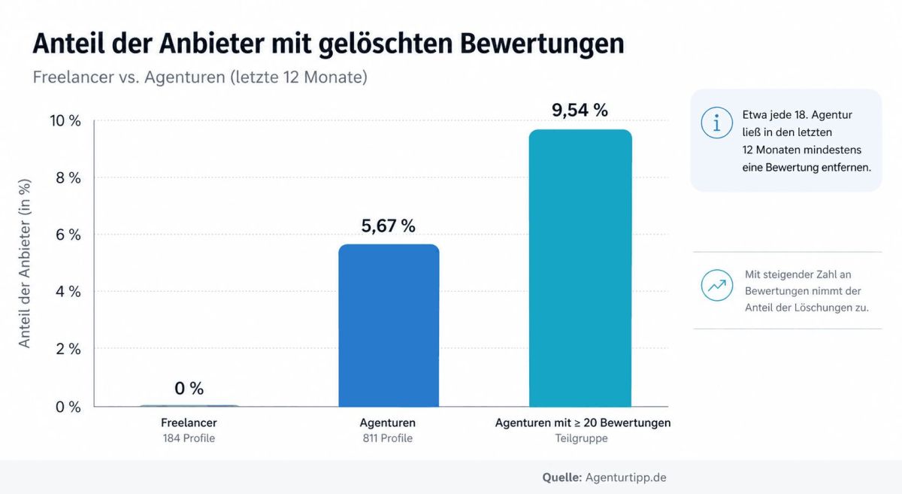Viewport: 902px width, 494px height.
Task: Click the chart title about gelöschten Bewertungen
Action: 328,44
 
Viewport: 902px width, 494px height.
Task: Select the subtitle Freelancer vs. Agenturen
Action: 200,77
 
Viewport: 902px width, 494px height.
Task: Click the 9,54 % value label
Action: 580,111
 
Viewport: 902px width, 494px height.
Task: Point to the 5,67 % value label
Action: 388,226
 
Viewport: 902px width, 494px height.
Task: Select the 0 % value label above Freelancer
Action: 189,389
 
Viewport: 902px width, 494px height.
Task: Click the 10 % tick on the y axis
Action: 65,121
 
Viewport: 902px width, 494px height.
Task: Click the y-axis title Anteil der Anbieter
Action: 25,263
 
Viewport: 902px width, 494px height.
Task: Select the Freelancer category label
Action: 188,423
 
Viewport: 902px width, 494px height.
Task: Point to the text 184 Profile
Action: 188,438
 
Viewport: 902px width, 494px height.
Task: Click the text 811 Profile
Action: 388,438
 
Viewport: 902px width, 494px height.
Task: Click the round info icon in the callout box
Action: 716,123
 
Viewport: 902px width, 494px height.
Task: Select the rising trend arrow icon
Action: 716,285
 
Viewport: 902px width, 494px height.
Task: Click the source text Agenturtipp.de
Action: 627,477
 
